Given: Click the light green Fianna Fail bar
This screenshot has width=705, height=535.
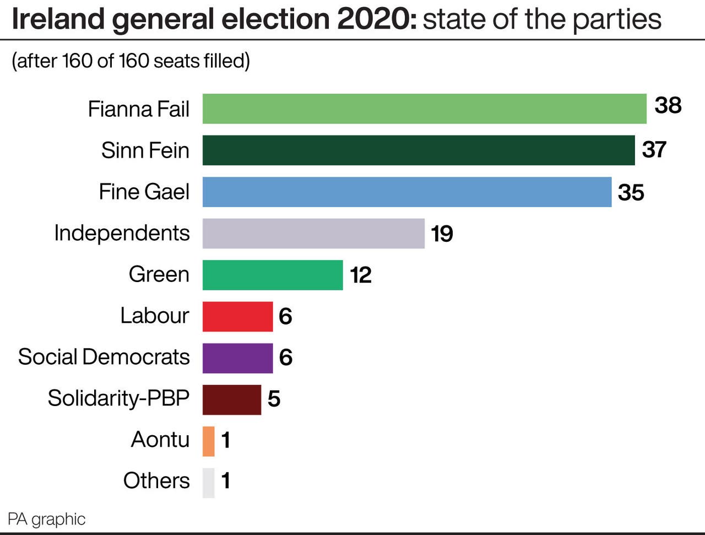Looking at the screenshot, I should click(424, 109).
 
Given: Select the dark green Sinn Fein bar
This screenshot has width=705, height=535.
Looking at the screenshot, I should click(419, 150).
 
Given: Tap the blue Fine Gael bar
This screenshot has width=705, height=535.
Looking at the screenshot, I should click(406, 192).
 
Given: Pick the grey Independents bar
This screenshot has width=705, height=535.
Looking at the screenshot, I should click(313, 233).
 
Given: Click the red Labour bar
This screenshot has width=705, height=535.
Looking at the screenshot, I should click(237, 316).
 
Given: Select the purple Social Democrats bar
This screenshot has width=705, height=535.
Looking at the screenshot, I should click(237, 358).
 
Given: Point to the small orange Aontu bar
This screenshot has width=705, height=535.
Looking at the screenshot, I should click(208, 441).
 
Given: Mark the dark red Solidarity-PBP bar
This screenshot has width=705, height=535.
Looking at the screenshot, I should click(231, 399).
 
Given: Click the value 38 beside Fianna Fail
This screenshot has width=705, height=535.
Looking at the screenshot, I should click(668, 105).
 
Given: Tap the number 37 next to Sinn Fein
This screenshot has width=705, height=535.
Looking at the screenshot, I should click(654, 149).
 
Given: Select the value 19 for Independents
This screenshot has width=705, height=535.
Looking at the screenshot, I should click(442, 234).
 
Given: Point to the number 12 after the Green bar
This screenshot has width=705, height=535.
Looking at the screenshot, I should click(361, 275).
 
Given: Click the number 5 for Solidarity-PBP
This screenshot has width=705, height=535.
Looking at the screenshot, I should click(274, 399).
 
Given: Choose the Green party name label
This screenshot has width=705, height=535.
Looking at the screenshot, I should click(159, 274).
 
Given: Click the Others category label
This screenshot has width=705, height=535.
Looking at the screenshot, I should click(156, 480).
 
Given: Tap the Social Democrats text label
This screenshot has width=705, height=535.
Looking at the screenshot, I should click(104, 356).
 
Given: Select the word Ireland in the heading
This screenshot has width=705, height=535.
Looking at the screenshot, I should click(58, 19).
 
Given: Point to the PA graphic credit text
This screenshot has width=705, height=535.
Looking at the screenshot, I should click(47, 519).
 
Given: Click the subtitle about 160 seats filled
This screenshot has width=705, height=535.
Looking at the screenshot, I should click(131, 61).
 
